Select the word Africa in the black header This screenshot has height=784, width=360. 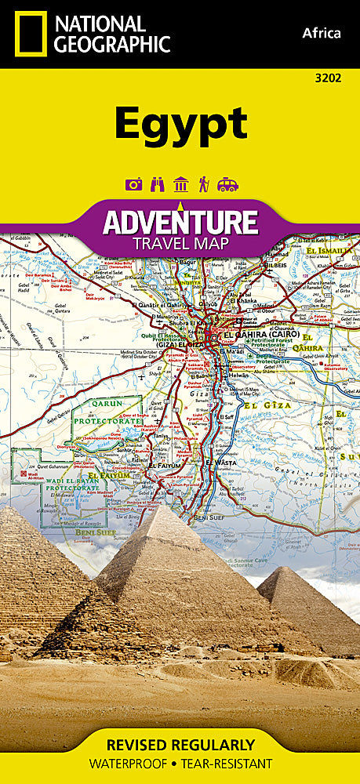click(322, 33)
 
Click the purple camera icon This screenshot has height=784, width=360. click(133, 185)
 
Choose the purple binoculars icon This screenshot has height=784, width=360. click(157, 185)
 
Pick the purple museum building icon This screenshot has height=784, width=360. click(181, 185)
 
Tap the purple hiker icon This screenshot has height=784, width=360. click(204, 185)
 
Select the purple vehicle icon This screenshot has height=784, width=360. click(227, 185)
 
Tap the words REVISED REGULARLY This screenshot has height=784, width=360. click(180, 744)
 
